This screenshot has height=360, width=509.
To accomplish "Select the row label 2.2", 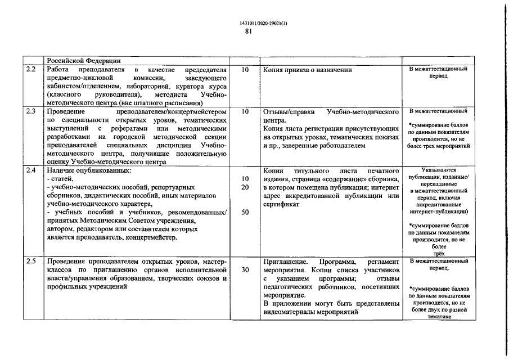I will pos(31,70).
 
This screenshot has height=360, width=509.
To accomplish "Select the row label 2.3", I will pos(31,111).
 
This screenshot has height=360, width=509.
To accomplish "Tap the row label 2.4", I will pos(31,170).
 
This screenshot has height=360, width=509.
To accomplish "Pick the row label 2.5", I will pos(31,262).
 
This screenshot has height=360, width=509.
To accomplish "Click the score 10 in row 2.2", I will pos(245,70).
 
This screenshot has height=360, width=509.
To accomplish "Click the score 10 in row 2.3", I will pos(245,111).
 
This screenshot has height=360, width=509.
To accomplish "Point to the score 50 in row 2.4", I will pos(245,213).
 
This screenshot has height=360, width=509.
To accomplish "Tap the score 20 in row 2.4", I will pos(245,187).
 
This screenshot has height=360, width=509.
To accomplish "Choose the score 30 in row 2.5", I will pos(245,270).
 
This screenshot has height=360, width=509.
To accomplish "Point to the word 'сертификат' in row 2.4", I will pos(280,204).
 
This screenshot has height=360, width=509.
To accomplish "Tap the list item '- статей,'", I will pos(59,178).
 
